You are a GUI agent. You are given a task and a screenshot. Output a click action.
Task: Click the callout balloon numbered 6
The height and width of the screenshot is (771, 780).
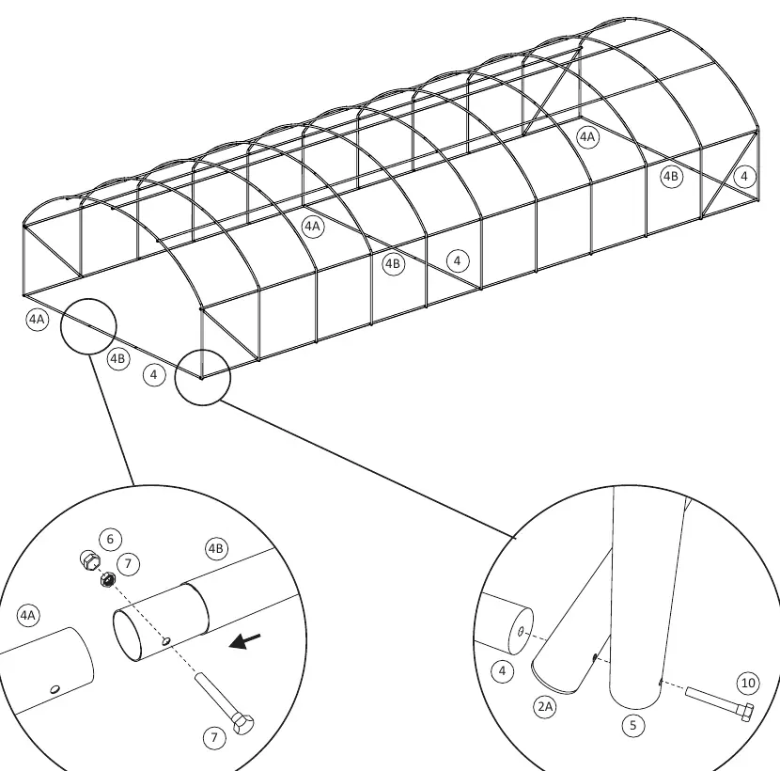[x=111, y=539]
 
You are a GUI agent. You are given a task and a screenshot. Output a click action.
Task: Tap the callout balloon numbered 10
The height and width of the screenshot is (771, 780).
[x=748, y=683]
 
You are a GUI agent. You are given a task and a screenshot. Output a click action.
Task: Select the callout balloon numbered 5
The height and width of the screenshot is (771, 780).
[x=633, y=725]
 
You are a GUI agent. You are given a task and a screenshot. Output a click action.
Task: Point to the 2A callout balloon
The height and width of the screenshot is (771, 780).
[x=545, y=707]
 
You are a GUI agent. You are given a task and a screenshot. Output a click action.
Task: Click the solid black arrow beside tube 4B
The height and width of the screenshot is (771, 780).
[x=244, y=641]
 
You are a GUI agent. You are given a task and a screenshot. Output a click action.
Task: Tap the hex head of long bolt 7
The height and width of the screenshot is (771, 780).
[x=242, y=724]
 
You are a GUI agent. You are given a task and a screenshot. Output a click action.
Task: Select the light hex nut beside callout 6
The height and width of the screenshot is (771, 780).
[x=89, y=560]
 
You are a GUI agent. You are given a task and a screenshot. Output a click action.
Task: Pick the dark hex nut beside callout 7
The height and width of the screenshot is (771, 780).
[x=108, y=579]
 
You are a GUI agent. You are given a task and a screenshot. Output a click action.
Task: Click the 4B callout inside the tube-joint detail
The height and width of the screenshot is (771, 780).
[x=216, y=548]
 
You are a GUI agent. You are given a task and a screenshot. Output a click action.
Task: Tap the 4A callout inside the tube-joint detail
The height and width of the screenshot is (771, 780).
[x=28, y=616]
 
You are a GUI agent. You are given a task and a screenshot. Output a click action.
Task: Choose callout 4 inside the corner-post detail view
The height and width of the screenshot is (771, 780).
[x=503, y=671]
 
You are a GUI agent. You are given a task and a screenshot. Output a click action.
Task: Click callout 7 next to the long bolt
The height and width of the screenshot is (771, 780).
[x=215, y=737]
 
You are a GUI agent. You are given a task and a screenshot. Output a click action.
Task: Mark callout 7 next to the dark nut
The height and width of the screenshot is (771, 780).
[x=129, y=564]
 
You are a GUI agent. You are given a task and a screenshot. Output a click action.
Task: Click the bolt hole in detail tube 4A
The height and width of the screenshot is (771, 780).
[x=55, y=689]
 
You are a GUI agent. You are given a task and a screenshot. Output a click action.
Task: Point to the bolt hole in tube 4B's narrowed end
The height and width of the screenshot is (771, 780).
[x=166, y=641]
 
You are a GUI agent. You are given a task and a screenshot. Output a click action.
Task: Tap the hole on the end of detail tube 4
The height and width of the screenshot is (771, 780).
[x=521, y=632]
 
